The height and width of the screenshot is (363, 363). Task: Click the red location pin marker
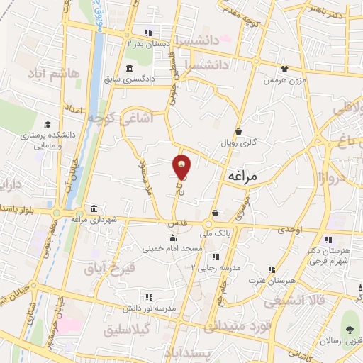181,167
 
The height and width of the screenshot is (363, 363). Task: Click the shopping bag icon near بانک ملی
214,213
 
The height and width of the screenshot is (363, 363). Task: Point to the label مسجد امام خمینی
173,250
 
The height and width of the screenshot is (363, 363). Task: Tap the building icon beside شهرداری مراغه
94,208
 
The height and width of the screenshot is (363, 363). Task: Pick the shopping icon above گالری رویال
239,130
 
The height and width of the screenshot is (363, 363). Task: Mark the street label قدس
176,223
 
